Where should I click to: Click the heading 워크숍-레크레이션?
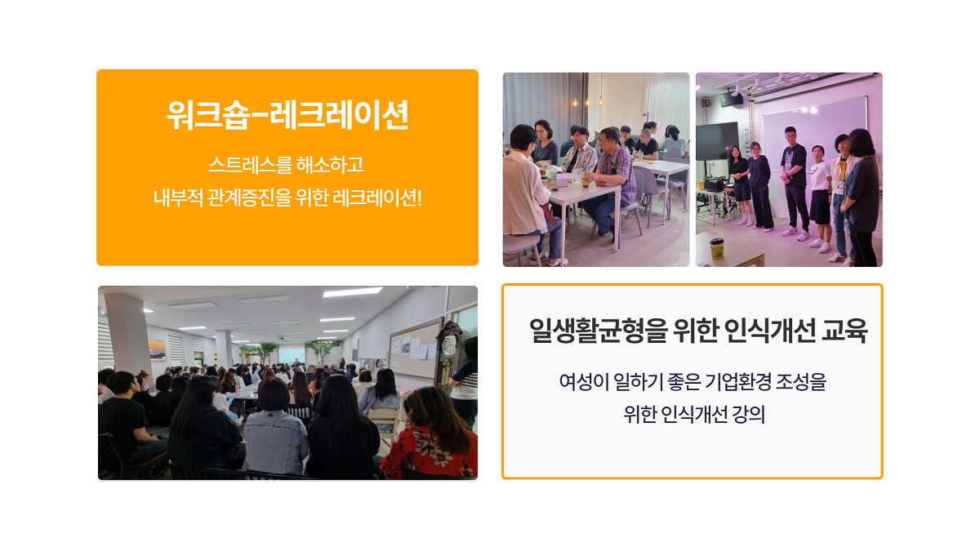click(x=287, y=114)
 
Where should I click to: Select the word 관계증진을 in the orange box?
click(x=249, y=198)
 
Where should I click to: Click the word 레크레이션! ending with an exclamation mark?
click(x=377, y=198)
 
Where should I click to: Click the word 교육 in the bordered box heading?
click(x=844, y=330)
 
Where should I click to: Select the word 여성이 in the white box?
click(x=584, y=381)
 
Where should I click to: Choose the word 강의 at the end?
click(x=749, y=414)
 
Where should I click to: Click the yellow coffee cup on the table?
click(x=717, y=248)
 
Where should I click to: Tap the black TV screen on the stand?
click(x=717, y=141)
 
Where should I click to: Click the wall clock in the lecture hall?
click(x=448, y=345)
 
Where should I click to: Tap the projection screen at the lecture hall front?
click(x=292, y=353)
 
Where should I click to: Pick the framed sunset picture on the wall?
click(x=158, y=350)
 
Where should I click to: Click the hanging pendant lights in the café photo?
click(x=588, y=102)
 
